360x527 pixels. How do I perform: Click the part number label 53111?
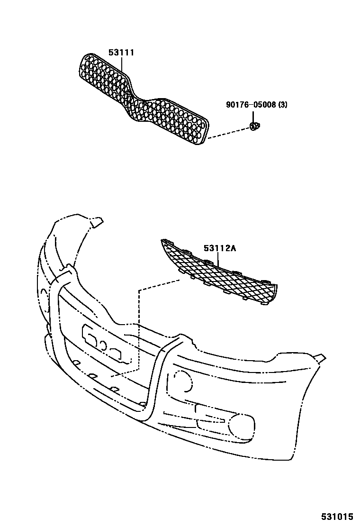121,53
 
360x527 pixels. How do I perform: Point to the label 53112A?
220,248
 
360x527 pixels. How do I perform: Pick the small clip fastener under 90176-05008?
254,126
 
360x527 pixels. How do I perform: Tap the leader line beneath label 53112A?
218,258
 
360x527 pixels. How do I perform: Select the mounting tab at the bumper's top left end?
97,222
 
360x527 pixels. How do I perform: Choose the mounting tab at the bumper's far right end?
320,356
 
